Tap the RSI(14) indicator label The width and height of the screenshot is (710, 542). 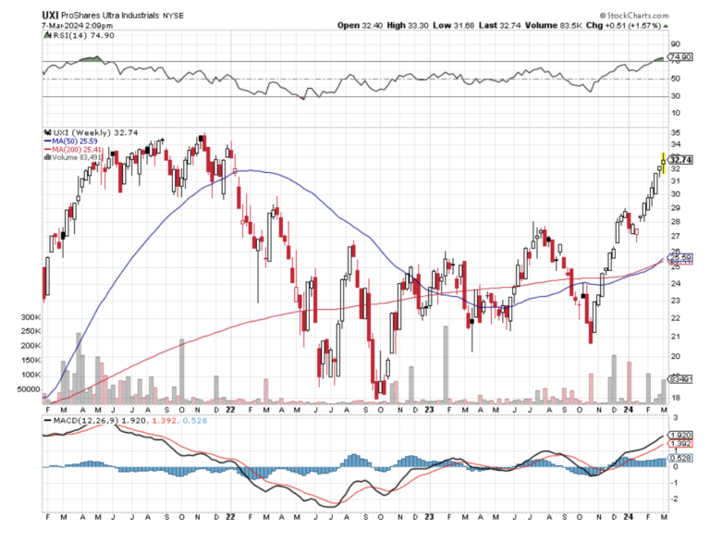pyautogui.click(x=71, y=40)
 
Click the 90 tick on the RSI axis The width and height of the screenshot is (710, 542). pyautogui.click(x=675, y=43)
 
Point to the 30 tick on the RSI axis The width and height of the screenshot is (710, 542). pyautogui.click(x=675, y=96)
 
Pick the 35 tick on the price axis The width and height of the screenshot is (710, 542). pyautogui.click(x=675, y=132)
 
